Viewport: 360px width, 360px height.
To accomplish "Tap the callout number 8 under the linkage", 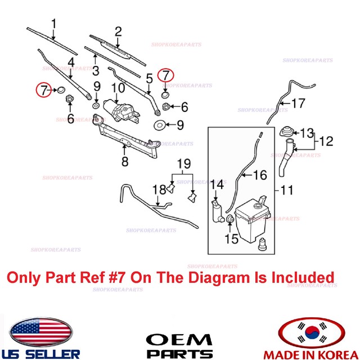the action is pos(125,161).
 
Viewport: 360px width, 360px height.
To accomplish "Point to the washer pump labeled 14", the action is pos(218,211).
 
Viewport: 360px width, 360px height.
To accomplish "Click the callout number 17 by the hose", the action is pos(298,103).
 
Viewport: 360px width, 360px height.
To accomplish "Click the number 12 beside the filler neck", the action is pos(326,141).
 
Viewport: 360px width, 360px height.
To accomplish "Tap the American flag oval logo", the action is pos(41,332).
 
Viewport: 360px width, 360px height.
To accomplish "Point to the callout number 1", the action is pos(54,24).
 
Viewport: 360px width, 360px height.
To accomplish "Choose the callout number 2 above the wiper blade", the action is pos(118,31).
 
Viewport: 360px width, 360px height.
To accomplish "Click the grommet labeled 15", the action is pos(230,219).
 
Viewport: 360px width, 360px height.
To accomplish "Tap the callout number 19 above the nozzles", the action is pos(184,164).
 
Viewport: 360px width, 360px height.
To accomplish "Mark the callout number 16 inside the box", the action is pos(260,175).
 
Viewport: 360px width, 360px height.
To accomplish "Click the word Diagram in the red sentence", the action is pos(219,278).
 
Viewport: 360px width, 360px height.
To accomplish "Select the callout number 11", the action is pos(287,190).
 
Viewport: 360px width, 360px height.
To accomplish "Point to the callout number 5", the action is pos(150,79).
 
